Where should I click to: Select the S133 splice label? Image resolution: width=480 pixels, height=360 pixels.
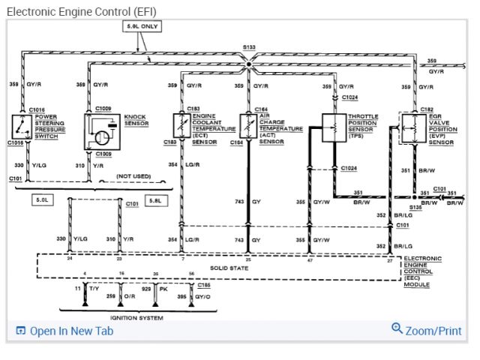249,47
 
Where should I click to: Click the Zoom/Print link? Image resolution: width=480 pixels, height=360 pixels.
427,330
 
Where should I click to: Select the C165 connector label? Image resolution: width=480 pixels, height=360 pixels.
202,286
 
